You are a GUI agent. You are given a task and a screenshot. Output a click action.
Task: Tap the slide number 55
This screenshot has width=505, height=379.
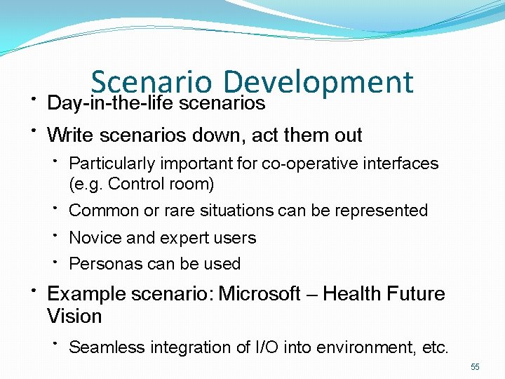(x=475, y=367)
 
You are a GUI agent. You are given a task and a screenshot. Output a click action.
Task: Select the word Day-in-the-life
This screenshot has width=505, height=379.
(x=111, y=103)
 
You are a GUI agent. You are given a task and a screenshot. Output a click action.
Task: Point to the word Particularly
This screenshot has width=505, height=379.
(x=113, y=164)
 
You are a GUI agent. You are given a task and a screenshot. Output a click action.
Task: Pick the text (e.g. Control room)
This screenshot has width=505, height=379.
(x=142, y=184)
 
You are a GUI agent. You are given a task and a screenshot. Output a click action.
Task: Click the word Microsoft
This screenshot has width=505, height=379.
(x=260, y=293)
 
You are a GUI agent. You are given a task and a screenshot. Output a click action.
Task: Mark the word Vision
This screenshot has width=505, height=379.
(x=74, y=316)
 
